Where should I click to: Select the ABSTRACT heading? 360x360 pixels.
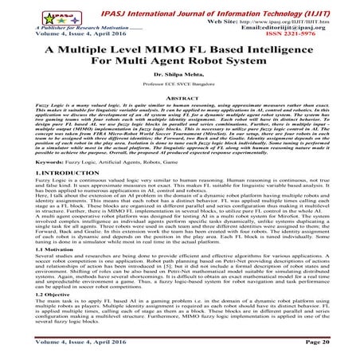click(x=179, y=108)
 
